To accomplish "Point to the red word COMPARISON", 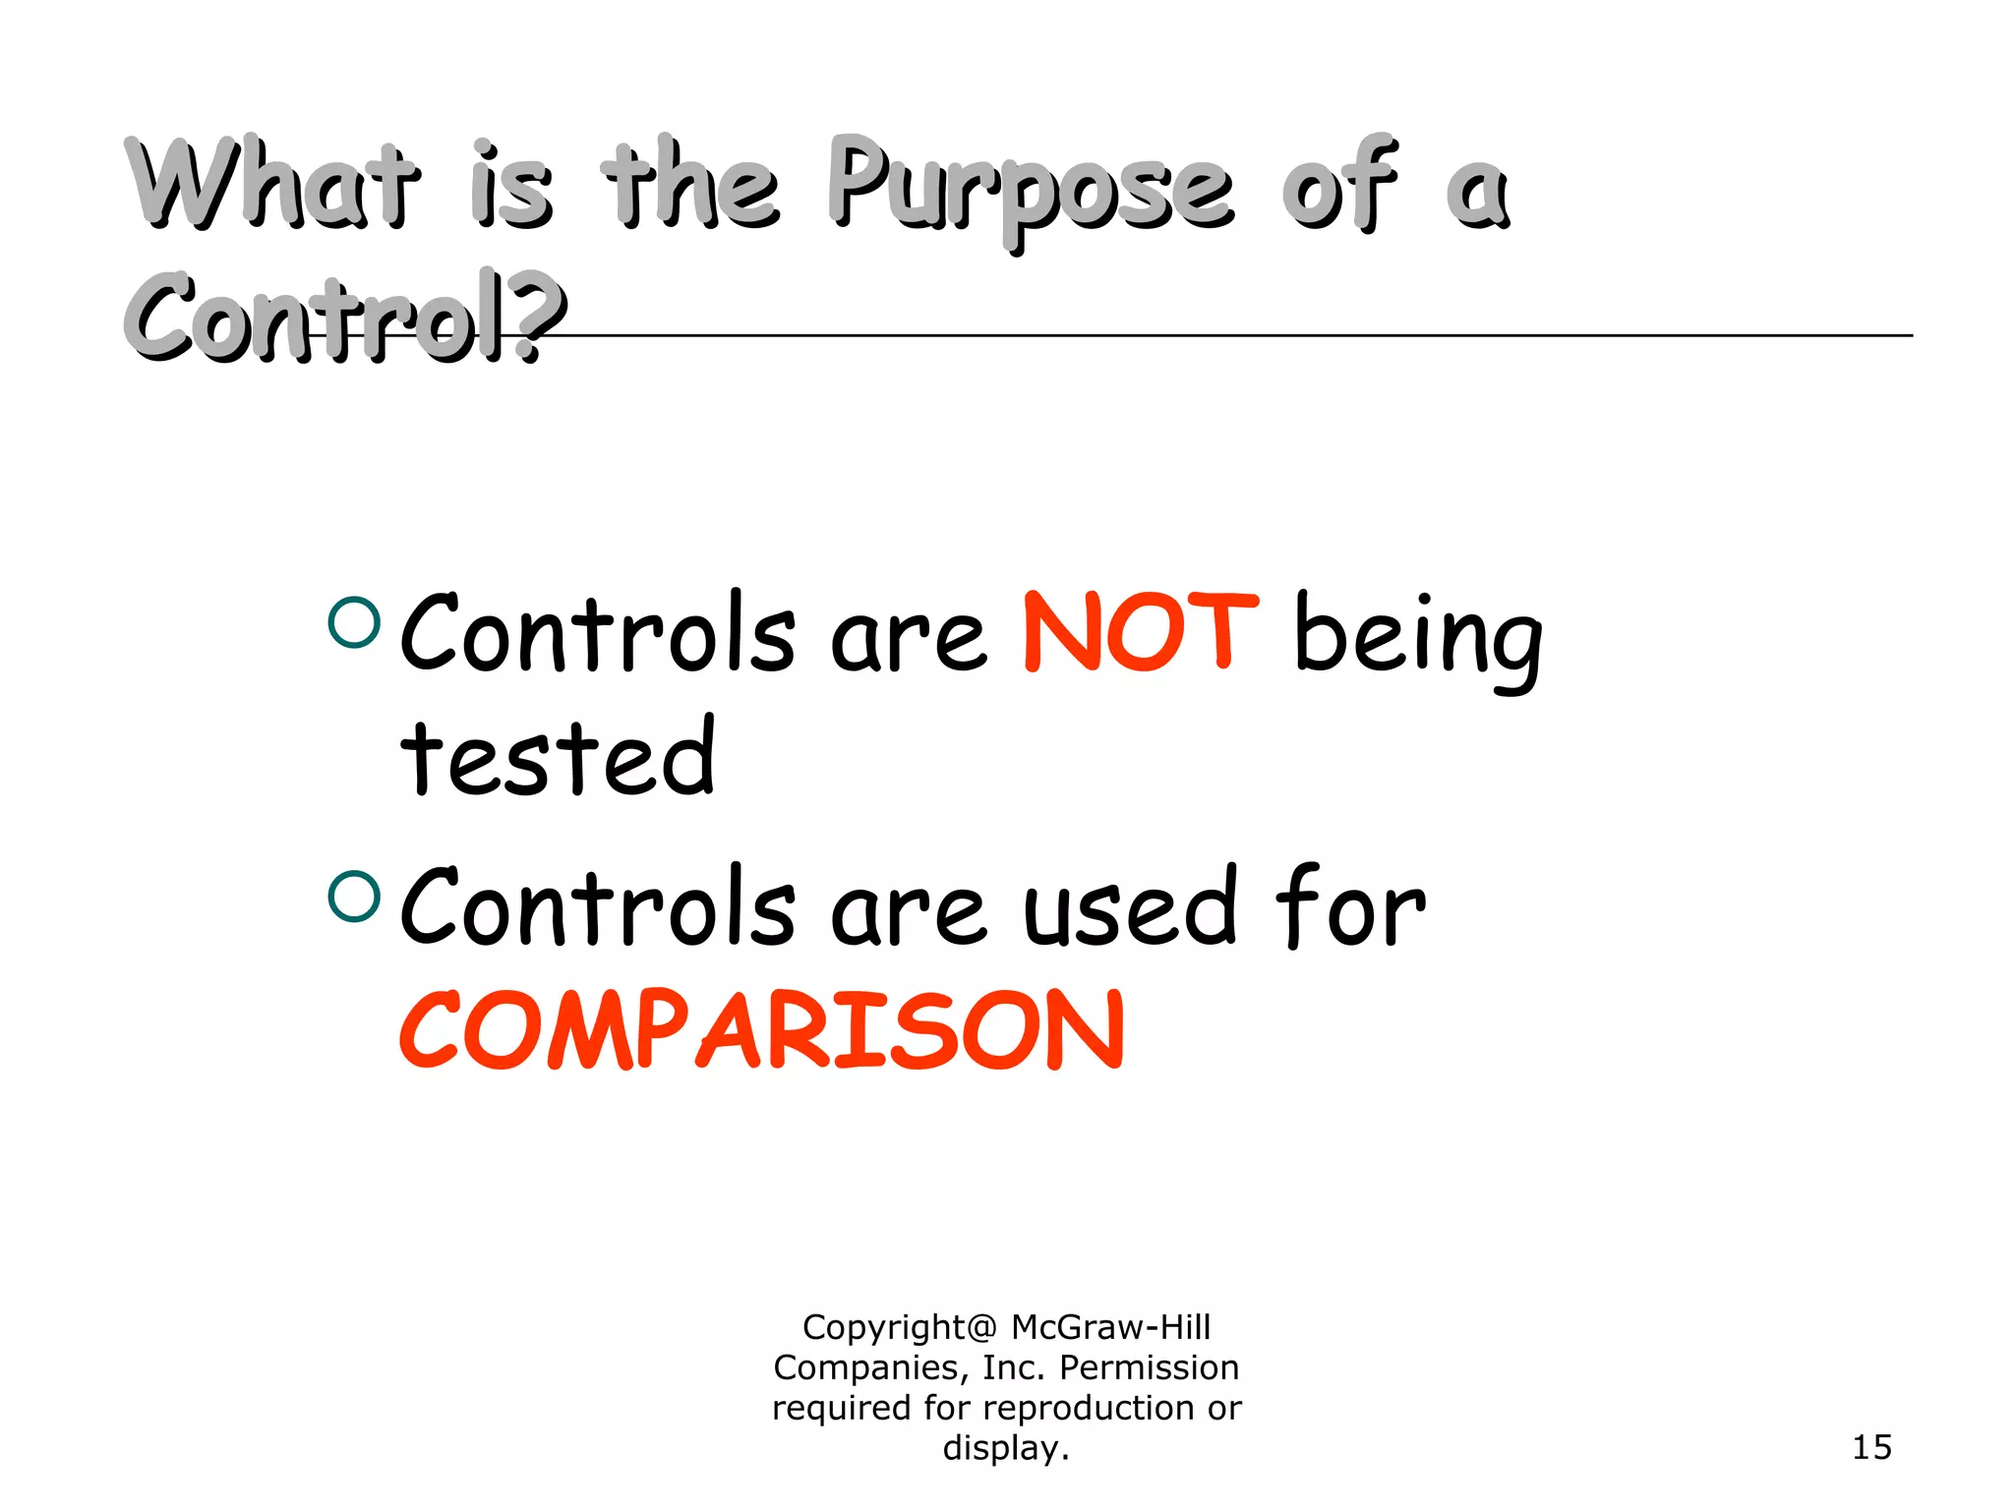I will point(762,1029).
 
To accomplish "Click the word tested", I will point(558,757).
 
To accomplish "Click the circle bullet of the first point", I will point(354,622).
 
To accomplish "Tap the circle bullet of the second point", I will point(354,896).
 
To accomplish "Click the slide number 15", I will point(1871,1447).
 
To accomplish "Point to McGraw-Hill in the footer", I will point(1110,1327).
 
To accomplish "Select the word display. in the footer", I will point(1005,1448).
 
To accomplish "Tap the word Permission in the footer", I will point(1149,1367).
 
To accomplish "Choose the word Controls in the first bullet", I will point(597,634).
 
